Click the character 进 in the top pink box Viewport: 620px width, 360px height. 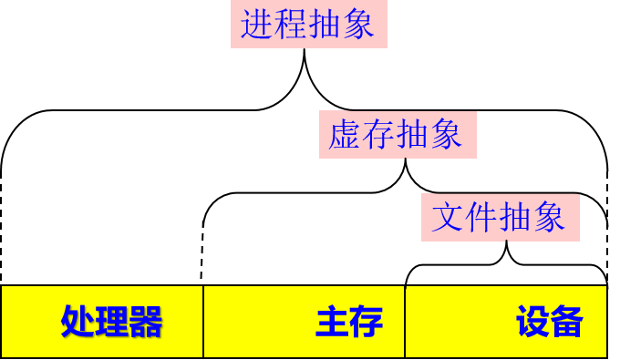(257, 25)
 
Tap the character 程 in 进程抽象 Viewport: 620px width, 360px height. (291, 25)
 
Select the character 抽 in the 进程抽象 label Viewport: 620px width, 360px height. (325, 25)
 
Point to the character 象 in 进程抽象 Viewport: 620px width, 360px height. (358, 25)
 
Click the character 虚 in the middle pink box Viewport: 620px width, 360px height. (345, 135)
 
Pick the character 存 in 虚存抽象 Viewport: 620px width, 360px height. (378, 135)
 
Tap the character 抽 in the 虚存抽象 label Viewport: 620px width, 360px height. (412, 135)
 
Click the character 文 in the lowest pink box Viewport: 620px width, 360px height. (448, 217)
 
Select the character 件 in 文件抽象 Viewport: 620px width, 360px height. (481, 217)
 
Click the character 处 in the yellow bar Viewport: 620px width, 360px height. (77, 322)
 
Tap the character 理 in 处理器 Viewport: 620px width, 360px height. (111, 322)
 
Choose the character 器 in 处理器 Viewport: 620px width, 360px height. (145, 322)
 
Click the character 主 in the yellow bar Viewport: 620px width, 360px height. (332, 322)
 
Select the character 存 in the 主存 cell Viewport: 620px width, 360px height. (366, 322)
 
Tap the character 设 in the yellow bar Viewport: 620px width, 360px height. (532, 322)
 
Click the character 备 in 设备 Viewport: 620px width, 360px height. (566, 322)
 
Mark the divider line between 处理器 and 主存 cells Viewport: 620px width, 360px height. (202, 322)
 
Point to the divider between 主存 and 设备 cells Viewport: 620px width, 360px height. (404, 322)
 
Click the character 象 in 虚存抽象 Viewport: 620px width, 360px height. (446, 135)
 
